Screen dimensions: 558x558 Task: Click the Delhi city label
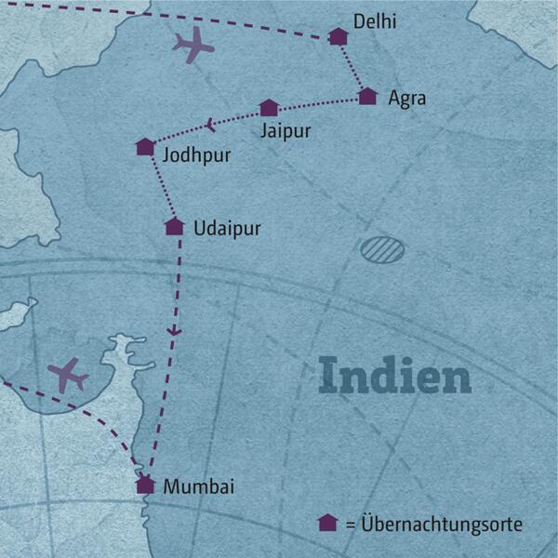click(x=376, y=20)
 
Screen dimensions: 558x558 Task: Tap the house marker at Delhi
click(x=339, y=37)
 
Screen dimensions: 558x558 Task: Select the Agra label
click(x=407, y=97)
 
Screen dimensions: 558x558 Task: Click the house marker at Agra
click(x=367, y=96)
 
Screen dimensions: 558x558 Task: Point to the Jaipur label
click(x=286, y=130)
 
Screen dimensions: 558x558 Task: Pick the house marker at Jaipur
click(x=269, y=108)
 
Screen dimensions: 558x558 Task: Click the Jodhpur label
click(x=196, y=154)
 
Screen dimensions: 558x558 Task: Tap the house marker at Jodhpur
click(x=145, y=147)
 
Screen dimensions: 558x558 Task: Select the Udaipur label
click(x=227, y=227)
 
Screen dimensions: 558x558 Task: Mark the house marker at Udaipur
click(x=174, y=226)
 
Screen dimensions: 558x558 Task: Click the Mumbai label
click(x=198, y=486)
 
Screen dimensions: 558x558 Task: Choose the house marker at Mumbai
click(x=145, y=485)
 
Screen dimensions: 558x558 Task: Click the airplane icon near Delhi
click(x=193, y=46)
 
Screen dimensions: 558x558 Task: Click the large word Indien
click(x=394, y=377)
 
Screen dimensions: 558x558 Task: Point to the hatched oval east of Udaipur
click(x=383, y=248)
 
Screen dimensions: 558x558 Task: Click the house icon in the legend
click(x=326, y=524)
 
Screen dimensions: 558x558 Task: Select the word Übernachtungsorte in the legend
click(x=442, y=525)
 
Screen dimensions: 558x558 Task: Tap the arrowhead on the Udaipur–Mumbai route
click(x=173, y=331)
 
